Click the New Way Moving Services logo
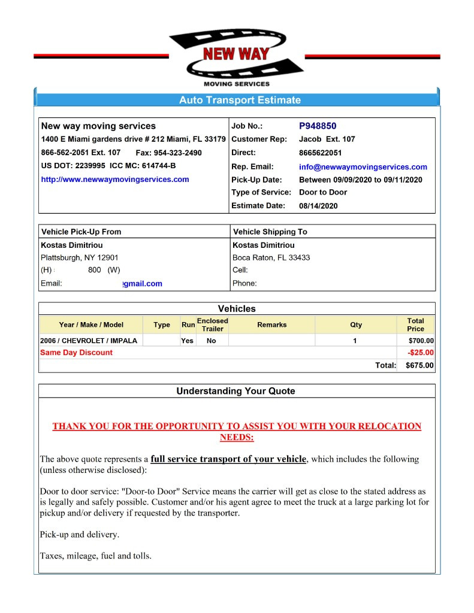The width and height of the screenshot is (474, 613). [x=237, y=57]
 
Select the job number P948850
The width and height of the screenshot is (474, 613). [x=318, y=126]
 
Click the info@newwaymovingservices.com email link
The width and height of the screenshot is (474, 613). [x=363, y=167]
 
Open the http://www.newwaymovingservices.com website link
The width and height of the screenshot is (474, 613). [x=114, y=179]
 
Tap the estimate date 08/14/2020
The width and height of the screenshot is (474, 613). [x=318, y=206]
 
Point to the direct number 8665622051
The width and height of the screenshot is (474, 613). [x=320, y=153]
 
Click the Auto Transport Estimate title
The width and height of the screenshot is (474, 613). [x=240, y=100]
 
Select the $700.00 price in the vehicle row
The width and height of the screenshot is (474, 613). [x=421, y=341]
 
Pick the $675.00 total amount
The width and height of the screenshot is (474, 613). [x=419, y=365]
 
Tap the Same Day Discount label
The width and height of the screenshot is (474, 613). [x=76, y=353]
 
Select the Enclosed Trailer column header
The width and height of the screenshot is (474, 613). [x=212, y=325]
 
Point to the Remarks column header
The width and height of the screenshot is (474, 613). [x=271, y=325]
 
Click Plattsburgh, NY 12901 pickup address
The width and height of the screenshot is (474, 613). [x=71, y=258]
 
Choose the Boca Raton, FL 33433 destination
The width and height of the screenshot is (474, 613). [x=271, y=258]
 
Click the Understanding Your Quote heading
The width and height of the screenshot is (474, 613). [x=236, y=392]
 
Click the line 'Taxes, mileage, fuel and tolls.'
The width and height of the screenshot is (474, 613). [x=95, y=556]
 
